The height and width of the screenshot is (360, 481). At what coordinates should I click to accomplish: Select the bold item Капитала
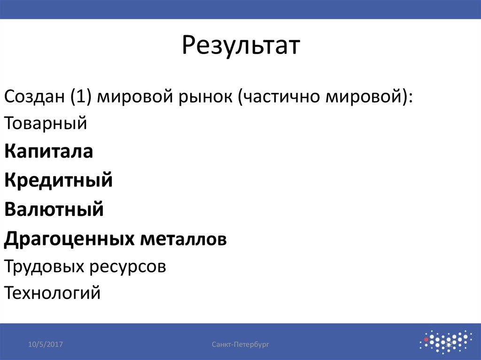coord(49,152)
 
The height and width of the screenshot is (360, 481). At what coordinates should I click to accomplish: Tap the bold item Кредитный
coord(59,180)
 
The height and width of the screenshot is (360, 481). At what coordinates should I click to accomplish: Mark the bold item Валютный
coord(54,209)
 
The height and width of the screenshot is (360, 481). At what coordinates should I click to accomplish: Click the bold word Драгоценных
coord(68,239)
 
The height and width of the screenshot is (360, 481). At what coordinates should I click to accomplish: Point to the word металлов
coord(182,239)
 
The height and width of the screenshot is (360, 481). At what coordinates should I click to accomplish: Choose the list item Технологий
coord(53,294)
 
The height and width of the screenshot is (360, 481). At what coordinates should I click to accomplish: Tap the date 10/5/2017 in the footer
coord(46,345)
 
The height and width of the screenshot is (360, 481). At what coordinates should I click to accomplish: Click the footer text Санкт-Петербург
coord(240,345)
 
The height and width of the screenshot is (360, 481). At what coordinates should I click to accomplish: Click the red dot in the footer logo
coord(426,338)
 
